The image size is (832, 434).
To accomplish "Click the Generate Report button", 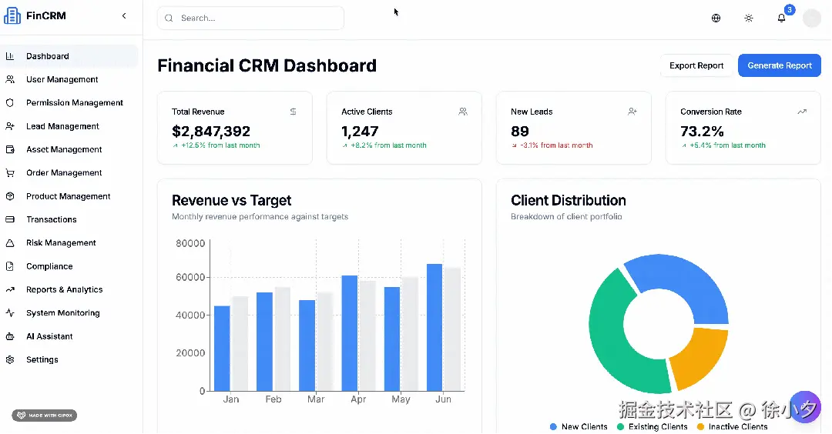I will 780,65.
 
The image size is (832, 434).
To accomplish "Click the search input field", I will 250,18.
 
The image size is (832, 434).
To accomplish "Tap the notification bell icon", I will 781,18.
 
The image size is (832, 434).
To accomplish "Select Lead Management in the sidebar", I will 62,126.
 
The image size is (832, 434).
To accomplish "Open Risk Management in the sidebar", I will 61,243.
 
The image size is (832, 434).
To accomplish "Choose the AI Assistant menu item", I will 49,336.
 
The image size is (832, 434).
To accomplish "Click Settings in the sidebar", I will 42,359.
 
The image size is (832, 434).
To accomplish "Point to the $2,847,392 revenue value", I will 211,132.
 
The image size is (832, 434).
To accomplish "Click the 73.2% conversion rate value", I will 702,132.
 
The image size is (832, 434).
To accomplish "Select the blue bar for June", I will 434,327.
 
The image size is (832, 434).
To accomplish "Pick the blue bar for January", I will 222,348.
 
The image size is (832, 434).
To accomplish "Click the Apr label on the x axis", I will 358,399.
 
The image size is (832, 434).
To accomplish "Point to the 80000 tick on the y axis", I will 190,244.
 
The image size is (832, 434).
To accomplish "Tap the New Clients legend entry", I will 579,426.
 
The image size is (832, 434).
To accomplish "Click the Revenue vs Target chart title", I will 231,200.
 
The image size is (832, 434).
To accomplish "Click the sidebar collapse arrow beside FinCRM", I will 124,16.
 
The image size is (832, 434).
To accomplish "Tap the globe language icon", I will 716,18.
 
